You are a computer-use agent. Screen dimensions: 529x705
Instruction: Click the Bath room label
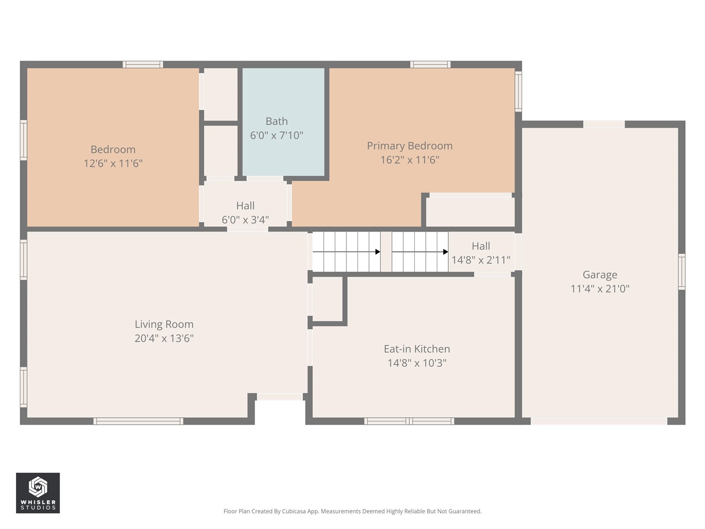point(276,121)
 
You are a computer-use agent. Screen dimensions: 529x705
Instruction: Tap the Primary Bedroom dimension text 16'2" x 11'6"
point(409,160)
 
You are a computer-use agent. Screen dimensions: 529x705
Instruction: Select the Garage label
point(599,274)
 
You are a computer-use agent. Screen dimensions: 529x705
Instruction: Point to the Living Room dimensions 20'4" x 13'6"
point(164,338)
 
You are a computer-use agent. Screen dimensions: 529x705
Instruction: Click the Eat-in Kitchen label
point(416,349)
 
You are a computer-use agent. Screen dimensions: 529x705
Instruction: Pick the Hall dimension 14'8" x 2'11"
point(481,260)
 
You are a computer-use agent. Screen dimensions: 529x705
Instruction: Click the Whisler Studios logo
point(37,493)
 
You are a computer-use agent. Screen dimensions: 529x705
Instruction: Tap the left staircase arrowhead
point(377,252)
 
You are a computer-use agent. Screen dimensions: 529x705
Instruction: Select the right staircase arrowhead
point(445,252)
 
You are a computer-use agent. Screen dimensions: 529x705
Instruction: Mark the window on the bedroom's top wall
point(143,64)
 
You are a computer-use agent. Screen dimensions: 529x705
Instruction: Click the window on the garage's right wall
point(681,272)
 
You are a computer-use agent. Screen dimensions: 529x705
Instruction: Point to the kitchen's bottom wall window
point(409,421)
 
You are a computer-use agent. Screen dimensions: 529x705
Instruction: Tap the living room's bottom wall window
point(138,421)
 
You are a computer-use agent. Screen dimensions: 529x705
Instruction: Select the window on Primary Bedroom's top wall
point(430,64)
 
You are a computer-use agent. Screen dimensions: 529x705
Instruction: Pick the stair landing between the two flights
point(386,252)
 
